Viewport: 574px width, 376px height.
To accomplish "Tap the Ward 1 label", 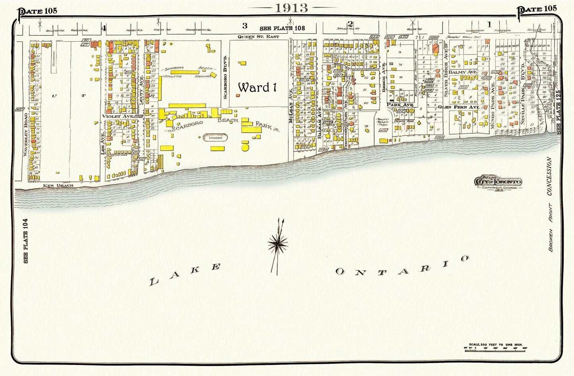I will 257,87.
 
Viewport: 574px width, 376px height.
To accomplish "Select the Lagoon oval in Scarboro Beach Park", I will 216,137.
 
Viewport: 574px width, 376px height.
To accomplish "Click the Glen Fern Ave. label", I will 458,107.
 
